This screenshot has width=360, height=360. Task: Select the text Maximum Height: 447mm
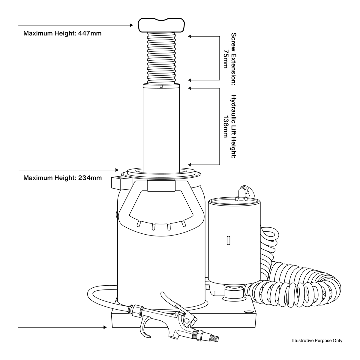(62, 33)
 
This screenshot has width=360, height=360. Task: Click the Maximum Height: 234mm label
(62, 178)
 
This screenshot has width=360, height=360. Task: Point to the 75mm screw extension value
(226, 59)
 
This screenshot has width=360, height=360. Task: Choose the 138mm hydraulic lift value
(226, 126)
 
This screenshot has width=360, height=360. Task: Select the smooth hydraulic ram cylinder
(161, 129)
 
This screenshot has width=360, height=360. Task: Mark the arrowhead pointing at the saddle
(131, 25)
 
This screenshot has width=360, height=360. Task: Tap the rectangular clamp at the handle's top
(161, 185)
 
